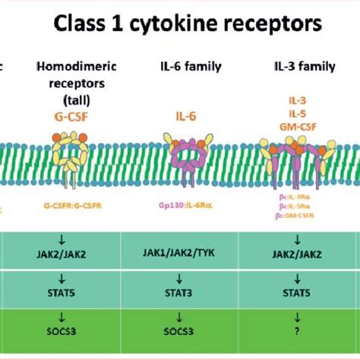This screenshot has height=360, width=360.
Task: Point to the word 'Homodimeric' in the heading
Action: (71, 67)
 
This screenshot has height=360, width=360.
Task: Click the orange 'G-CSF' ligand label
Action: (71, 115)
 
